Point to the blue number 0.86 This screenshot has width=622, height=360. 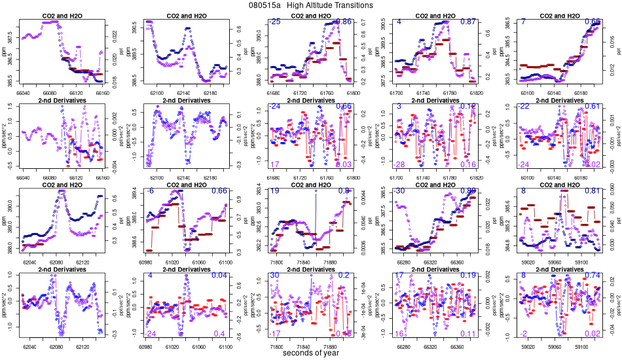(344, 22)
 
